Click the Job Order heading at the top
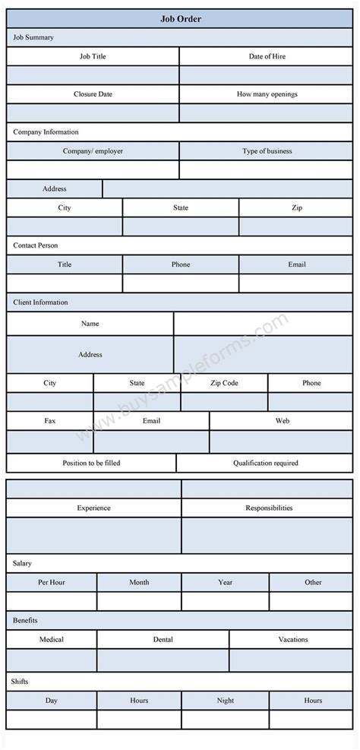[180, 19]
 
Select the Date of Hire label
[267, 56]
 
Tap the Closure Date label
[93, 94]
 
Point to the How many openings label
[267, 94]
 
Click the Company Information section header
[46, 132]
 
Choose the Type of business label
[267, 151]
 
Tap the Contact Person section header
[35, 245]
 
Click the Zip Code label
[224, 383]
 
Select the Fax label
[49, 420]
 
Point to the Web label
[282, 420]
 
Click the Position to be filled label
[91, 463]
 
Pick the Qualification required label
[265, 463]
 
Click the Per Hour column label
[52, 582]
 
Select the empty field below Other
[313, 601]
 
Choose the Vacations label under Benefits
[292, 639]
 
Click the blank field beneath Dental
[163, 660]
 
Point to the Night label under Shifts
[225, 701]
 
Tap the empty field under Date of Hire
[267, 75]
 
